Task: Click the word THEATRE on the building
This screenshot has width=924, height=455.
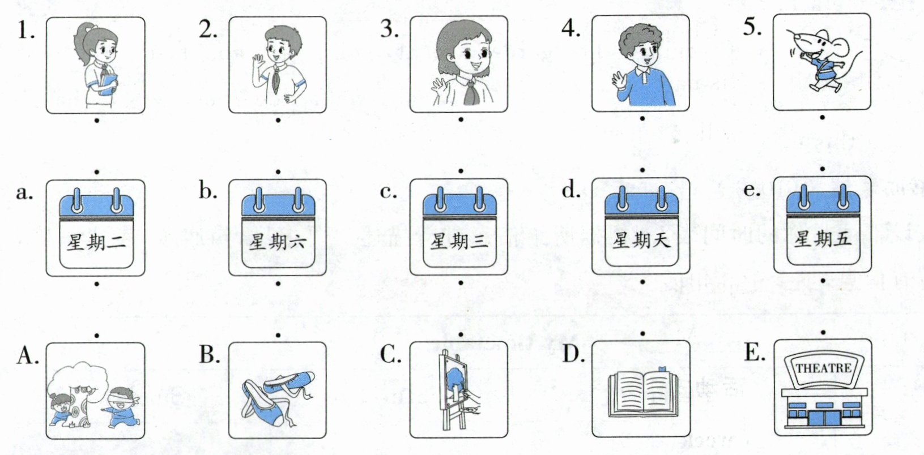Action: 823,368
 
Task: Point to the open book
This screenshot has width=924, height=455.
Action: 642,390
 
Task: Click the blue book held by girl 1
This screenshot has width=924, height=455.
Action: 108,84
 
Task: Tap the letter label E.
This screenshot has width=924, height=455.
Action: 753,353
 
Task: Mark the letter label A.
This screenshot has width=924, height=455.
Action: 27,355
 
